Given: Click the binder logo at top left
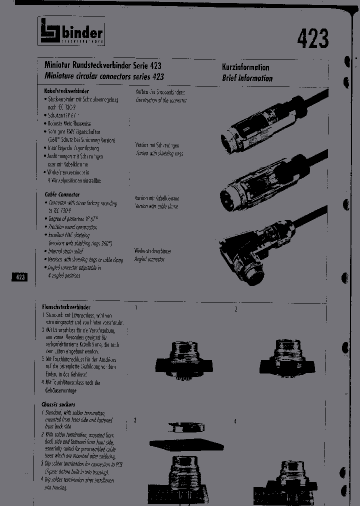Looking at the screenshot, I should coord(71,33).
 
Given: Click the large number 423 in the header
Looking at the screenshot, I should coord(313,38).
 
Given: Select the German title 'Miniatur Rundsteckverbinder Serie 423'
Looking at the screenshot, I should coord(103,65).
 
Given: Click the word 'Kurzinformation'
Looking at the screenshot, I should coord(245,67).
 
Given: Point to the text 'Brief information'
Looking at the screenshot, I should coord(247,78).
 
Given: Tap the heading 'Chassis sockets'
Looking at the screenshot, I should coord(58,404).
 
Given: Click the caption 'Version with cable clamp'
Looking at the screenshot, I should coord(156,206).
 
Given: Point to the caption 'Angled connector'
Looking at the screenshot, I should coord(149,259).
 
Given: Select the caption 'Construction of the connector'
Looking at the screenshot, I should coord(161,100).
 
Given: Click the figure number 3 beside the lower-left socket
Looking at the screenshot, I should coord(135,420).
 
